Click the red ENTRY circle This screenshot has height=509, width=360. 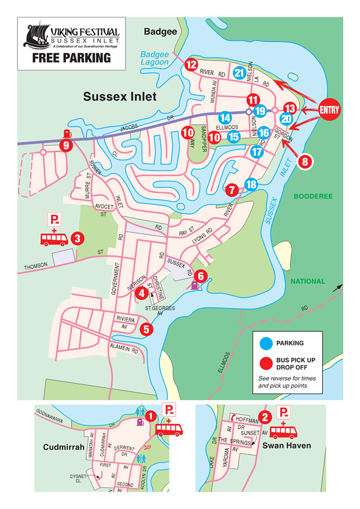click(329, 109)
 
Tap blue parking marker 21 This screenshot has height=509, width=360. click(239, 73)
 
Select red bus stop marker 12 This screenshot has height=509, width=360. click(192, 64)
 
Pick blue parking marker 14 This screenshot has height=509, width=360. click(225, 118)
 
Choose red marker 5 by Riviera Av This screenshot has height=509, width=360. click(146, 329)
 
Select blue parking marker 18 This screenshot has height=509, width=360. click(251, 184)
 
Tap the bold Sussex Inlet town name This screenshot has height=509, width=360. click(120, 96)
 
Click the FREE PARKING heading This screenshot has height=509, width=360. click(72, 58)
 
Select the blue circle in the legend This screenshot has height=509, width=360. click(264, 344)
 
